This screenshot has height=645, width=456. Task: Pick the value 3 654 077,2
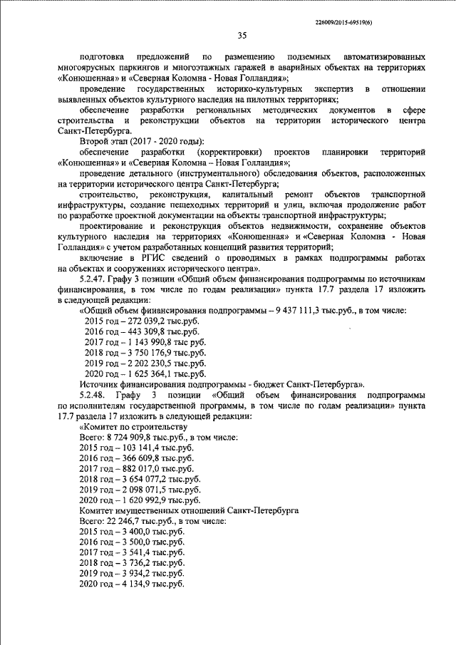145,480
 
